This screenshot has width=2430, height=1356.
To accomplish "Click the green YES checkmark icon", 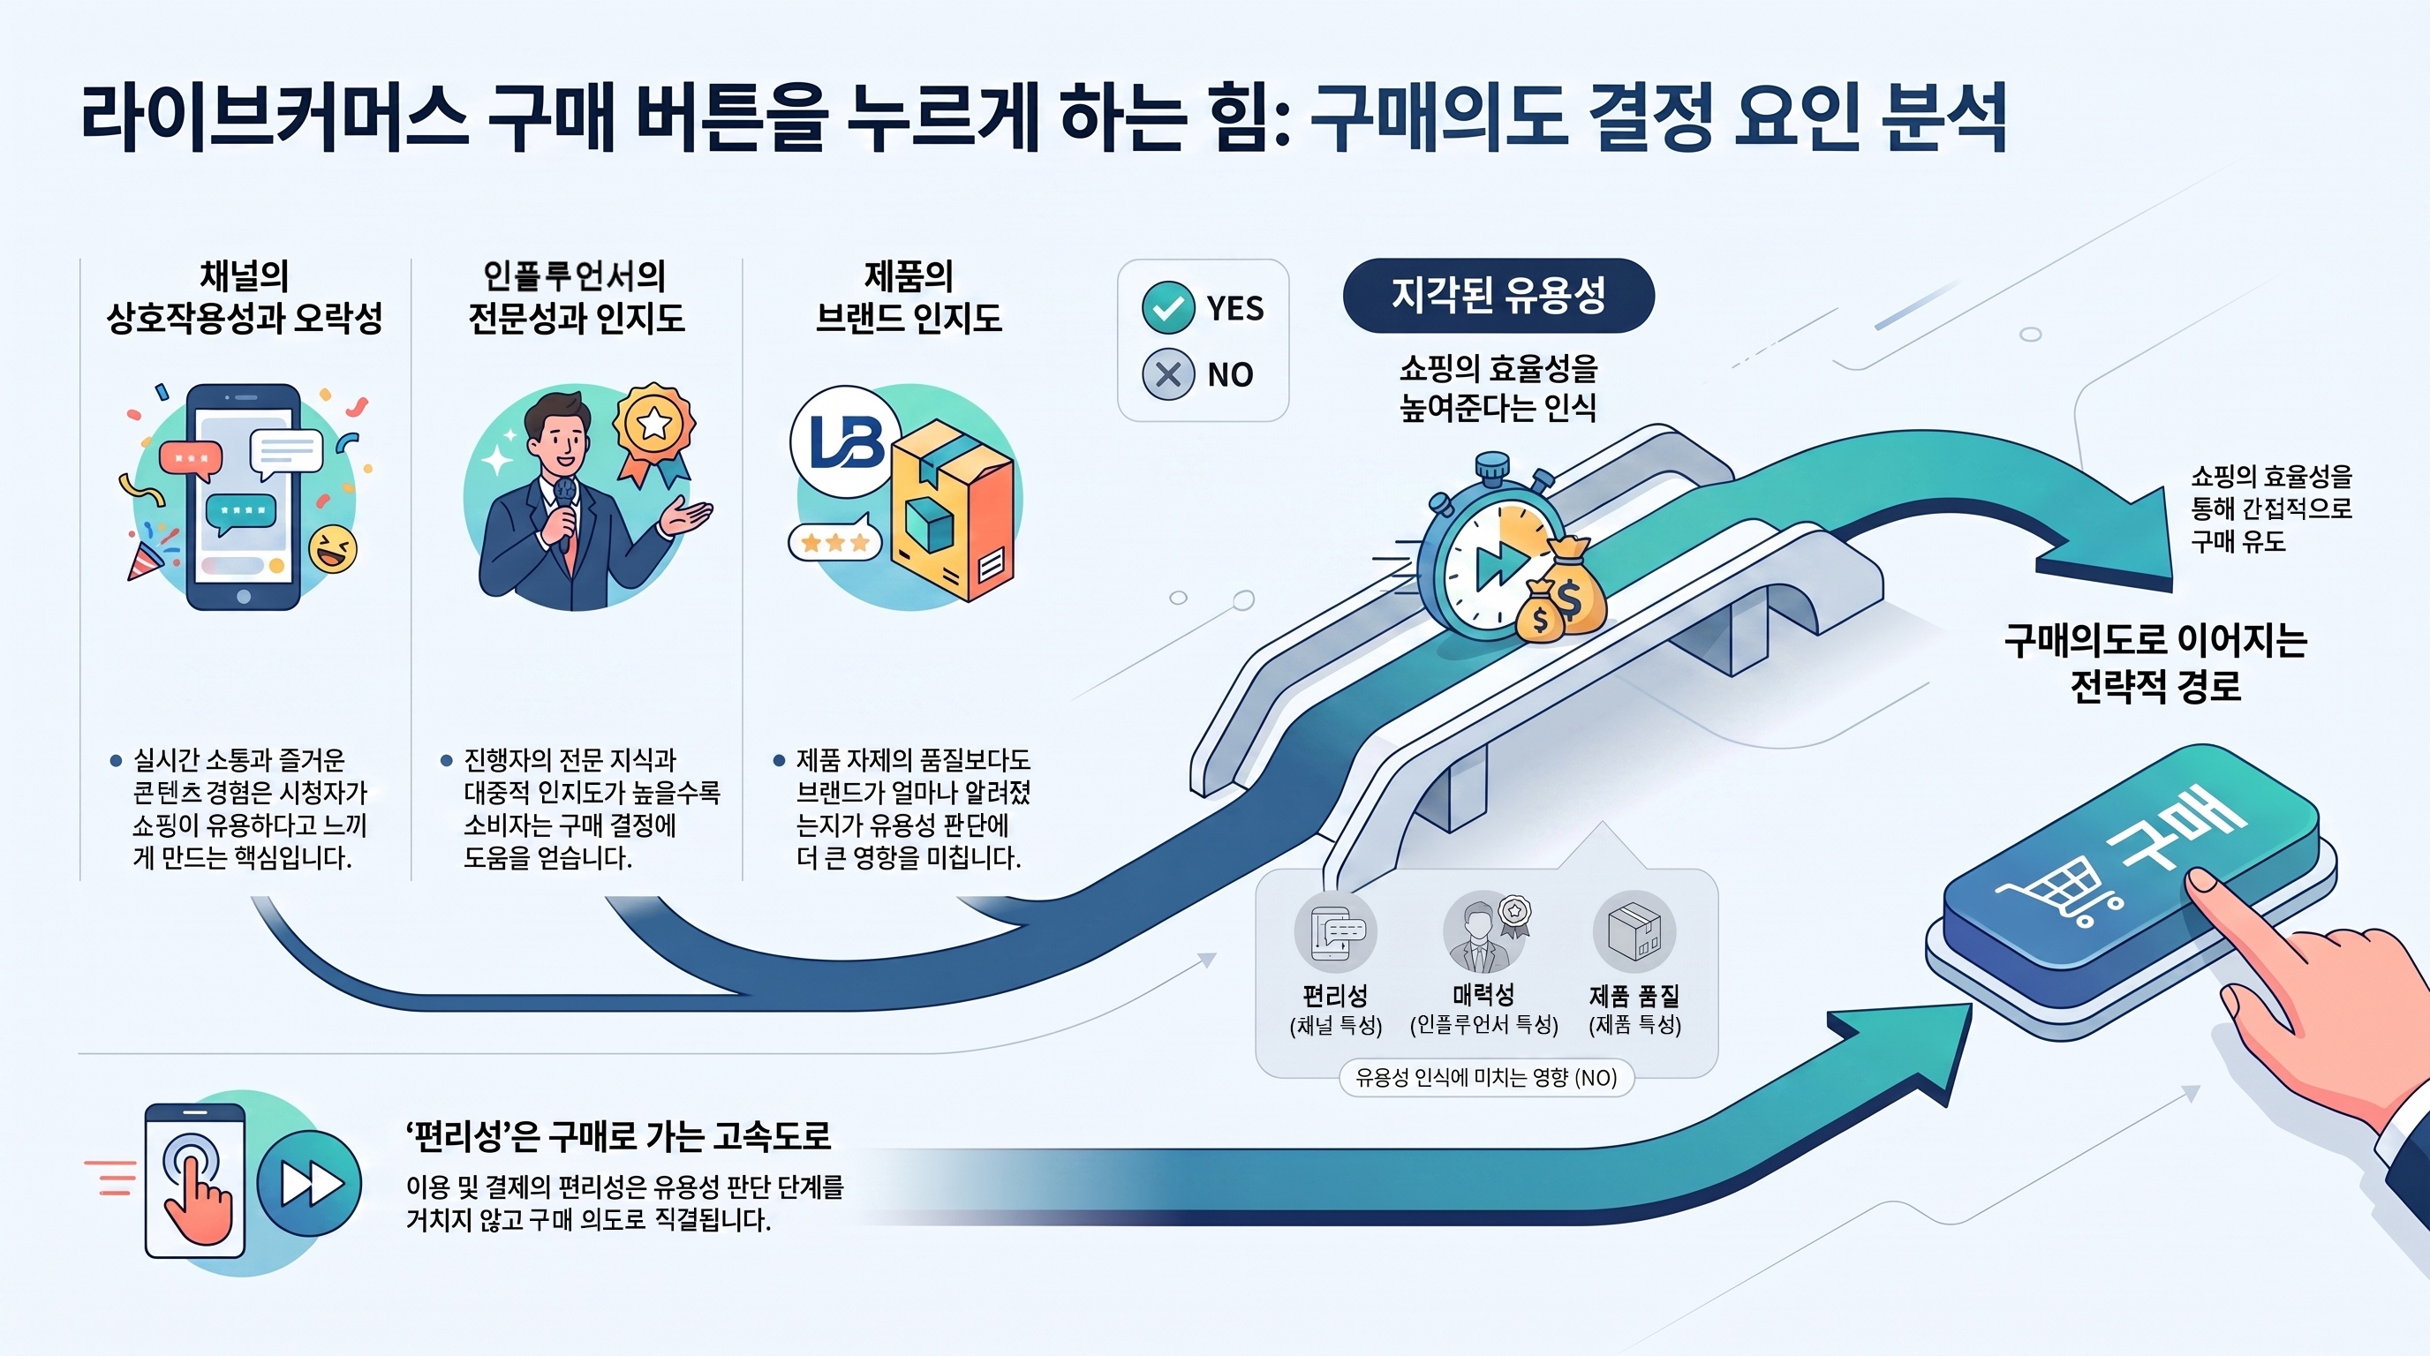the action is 1168,307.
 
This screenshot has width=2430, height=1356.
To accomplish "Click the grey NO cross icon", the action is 1168,374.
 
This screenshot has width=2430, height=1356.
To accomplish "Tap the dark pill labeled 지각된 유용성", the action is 1498,295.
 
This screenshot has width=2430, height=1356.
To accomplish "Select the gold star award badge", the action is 653,433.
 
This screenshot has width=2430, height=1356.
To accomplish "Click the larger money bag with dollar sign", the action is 1570,584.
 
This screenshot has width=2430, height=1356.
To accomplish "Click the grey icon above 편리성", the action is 1335,931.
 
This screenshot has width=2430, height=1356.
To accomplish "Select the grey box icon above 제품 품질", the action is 1634,931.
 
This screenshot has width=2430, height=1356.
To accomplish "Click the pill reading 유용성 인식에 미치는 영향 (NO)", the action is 1487,1078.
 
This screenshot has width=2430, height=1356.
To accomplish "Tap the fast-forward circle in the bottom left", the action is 309,1184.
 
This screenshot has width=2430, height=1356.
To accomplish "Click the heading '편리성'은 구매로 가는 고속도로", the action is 619,1135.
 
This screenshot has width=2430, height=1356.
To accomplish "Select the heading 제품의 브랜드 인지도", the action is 909,297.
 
